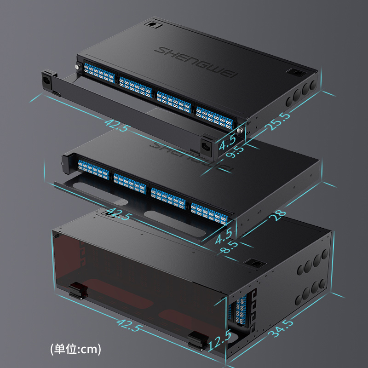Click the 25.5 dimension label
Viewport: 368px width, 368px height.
tap(277, 121)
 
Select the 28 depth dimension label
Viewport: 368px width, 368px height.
tap(277, 215)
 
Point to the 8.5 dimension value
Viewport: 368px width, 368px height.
tap(229, 247)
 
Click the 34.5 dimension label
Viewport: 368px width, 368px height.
tap(282, 328)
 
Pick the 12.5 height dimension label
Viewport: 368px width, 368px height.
tap(219, 340)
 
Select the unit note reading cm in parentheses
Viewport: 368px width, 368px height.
tap(75, 349)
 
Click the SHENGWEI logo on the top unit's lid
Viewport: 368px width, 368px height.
tap(196, 62)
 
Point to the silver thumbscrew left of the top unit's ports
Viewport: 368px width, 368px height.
tap(77, 67)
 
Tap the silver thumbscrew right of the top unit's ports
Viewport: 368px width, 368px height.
tap(240, 130)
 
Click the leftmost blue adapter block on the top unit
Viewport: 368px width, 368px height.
tap(99, 73)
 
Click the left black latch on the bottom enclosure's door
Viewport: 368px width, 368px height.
tap(78, 291)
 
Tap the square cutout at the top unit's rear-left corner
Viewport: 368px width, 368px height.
tap(154, 24)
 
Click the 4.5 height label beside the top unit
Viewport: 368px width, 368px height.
tap(227, 143)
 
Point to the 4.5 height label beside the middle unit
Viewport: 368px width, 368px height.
tap(224, 236)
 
